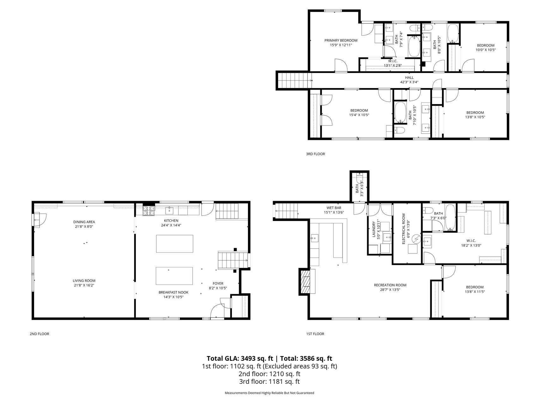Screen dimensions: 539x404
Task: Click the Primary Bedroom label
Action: click(341, 40)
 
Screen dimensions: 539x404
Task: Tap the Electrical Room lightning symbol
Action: click(416, 239)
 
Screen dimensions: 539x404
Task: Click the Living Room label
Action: click(84, 281)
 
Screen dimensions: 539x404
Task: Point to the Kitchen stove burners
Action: click(149, 211)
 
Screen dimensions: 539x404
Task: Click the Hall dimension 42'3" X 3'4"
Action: click(409, 82)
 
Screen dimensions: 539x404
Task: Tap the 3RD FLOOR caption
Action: click(315, 154)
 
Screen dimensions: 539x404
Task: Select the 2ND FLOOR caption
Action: click(39, 334)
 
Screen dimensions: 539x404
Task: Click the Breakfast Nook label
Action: click(173, 292)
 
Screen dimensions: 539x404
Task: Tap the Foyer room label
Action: click(218, 283)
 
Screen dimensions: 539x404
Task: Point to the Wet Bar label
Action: click(334, 208)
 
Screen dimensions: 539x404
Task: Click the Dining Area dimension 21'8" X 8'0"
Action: click(84, 226)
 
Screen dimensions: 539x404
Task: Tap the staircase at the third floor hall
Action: click(294, 80)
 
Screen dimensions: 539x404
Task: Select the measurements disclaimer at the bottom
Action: click(269, 393)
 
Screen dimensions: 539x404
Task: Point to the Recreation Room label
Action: click(390, 285)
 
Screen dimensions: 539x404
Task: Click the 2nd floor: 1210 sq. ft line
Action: click(269, 374)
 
